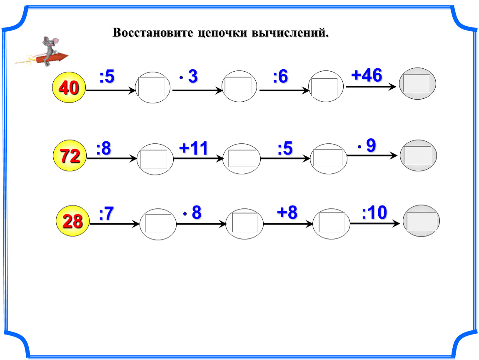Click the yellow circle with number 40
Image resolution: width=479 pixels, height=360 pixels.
pyautogui.click(x=69, y=87)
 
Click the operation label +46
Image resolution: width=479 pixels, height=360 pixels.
pyautogui.click(x=366, y=76)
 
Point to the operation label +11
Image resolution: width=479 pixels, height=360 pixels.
pyautogui.click(x=193, y=148)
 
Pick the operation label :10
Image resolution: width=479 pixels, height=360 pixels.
pyautogui.click(x=374, y=213)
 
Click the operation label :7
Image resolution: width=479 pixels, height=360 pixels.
pyautogui.click(x=107, y=214)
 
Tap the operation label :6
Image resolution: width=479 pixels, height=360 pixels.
pyautogui.click(x=280, y=77)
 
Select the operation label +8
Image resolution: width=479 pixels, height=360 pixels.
pyautogui.click(x=287, y=213)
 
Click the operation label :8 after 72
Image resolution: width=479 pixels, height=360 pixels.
pyautogui.click(x=103, y=149)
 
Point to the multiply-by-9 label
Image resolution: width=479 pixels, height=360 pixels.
pyautogui.click(x=367, y=145)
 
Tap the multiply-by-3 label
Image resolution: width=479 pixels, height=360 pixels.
pyautogui.click(x=189, y=77)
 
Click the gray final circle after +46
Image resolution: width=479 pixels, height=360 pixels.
pyautogui.click(x=417, y=84)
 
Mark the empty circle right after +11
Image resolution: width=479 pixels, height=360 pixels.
pyautogui.click(x=242, y=159)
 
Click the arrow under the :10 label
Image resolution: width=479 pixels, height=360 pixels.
pyautogui.click(x=375, y=224)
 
